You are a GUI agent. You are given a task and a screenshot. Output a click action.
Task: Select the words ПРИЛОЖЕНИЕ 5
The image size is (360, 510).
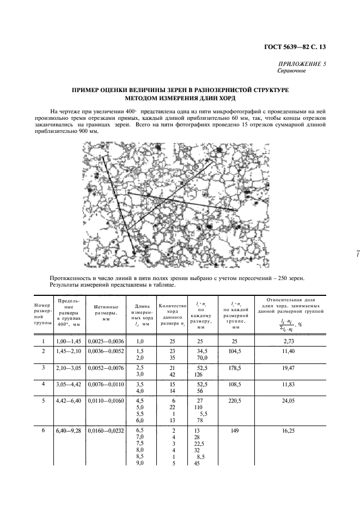(302, 64)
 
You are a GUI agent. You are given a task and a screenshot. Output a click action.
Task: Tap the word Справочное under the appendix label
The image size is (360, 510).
(291, 71)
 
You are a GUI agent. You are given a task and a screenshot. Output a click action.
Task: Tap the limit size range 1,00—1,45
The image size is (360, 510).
(64, 342)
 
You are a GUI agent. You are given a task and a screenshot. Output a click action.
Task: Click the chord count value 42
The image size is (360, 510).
(172, 375)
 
